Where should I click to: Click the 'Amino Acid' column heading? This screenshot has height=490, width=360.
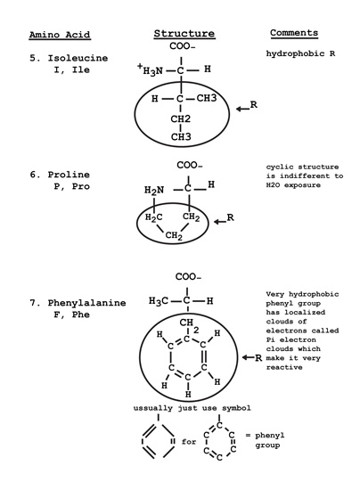(x=60, y=35)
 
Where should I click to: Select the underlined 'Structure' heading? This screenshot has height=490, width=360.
(x=184, y=34)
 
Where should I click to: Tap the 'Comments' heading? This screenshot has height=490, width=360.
(x=294, y=33)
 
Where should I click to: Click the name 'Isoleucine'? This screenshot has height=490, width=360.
(x=78, y=58)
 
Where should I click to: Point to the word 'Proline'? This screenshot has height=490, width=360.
(x=69, y=175)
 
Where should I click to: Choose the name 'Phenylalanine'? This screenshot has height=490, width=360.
(x=86, y=303)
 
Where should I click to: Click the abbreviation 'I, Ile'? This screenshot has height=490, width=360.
(x=72, y=69)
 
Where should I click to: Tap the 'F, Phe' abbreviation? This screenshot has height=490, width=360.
(x=72, y=314)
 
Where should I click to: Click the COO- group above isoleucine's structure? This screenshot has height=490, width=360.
(x=183, y=46)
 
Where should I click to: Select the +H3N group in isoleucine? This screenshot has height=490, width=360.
(x=150, y=69)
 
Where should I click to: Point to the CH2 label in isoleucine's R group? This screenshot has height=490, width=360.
(x=181, y=118)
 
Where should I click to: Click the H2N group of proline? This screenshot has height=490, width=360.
(x=154, y=191)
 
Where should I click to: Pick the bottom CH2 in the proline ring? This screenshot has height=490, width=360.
(x=174, y=235)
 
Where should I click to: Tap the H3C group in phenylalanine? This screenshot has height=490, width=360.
(x=159, y=301)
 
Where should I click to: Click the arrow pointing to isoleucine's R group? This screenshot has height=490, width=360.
(x=242, y=109)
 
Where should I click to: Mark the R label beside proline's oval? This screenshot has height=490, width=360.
(x=230, y=217)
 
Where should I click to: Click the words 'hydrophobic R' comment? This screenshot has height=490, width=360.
(x=300, y=53)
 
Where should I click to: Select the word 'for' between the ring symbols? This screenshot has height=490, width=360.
(x=189, y=442)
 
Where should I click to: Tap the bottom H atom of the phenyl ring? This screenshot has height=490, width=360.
(x=188, y=395)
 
